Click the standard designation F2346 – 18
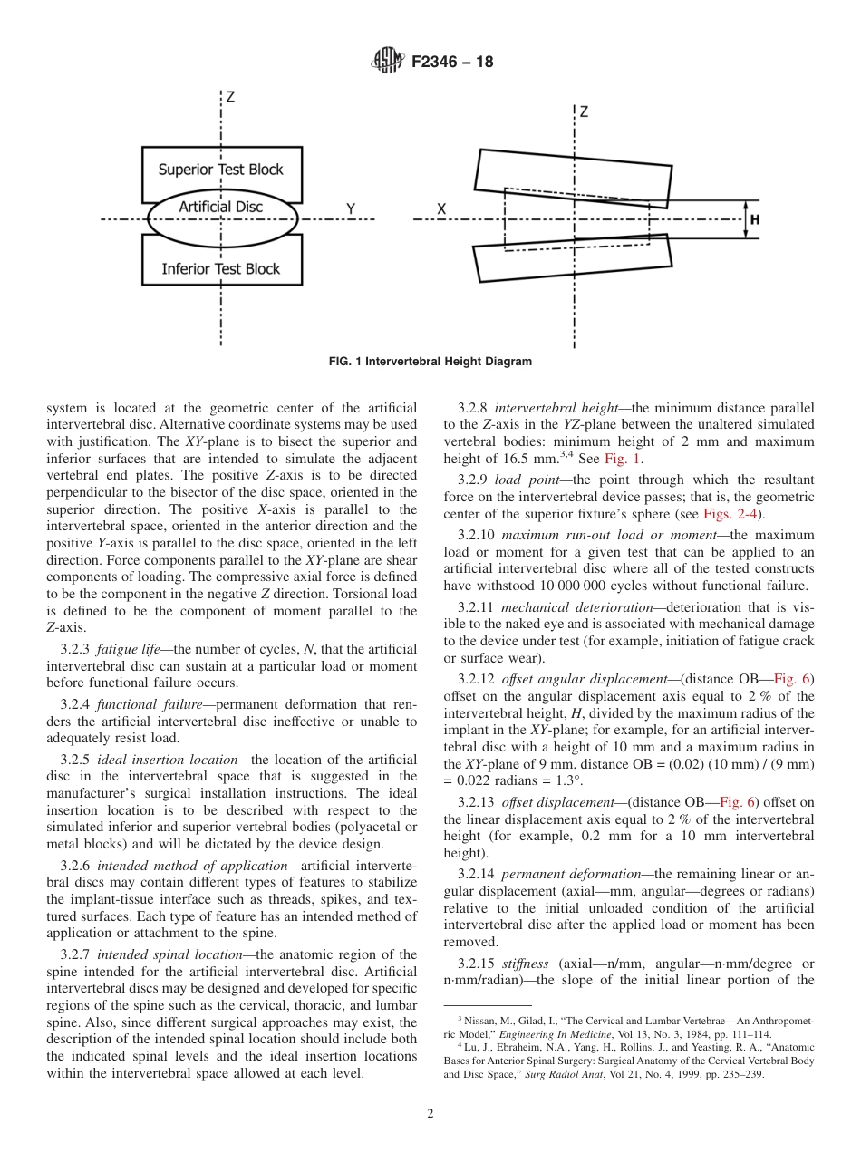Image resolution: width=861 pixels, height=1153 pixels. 452,63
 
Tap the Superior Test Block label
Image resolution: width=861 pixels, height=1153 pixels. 221,170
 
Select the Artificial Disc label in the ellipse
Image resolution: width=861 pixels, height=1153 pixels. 220,207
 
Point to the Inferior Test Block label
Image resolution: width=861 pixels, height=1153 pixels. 221,268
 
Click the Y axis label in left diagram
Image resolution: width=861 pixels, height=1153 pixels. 351,209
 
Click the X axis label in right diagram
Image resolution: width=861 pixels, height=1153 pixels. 441,209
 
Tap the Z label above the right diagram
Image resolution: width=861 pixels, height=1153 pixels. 584,112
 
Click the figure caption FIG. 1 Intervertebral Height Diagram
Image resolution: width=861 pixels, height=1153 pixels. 430,362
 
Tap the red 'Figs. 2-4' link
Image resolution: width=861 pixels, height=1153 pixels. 732,515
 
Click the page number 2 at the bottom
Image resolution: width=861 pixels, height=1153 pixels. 430,1114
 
